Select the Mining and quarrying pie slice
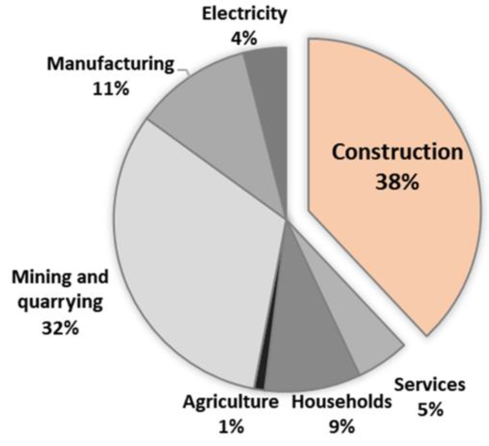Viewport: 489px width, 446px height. click(192, 255)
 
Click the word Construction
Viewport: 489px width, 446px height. click(397, 152)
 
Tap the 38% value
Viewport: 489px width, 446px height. click(397, 182)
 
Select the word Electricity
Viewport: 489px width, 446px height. click(244, 14)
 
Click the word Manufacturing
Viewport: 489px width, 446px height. click(111, 64)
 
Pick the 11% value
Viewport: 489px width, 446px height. click(111, 89)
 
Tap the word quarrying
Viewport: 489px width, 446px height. click(60, 302)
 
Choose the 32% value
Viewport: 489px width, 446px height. click(60, 328)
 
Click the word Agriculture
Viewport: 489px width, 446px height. click(231, 402)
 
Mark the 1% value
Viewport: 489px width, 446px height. click(231, 427)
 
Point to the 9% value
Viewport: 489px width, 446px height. click(342, 427)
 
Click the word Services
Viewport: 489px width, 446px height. click(430, 385)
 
